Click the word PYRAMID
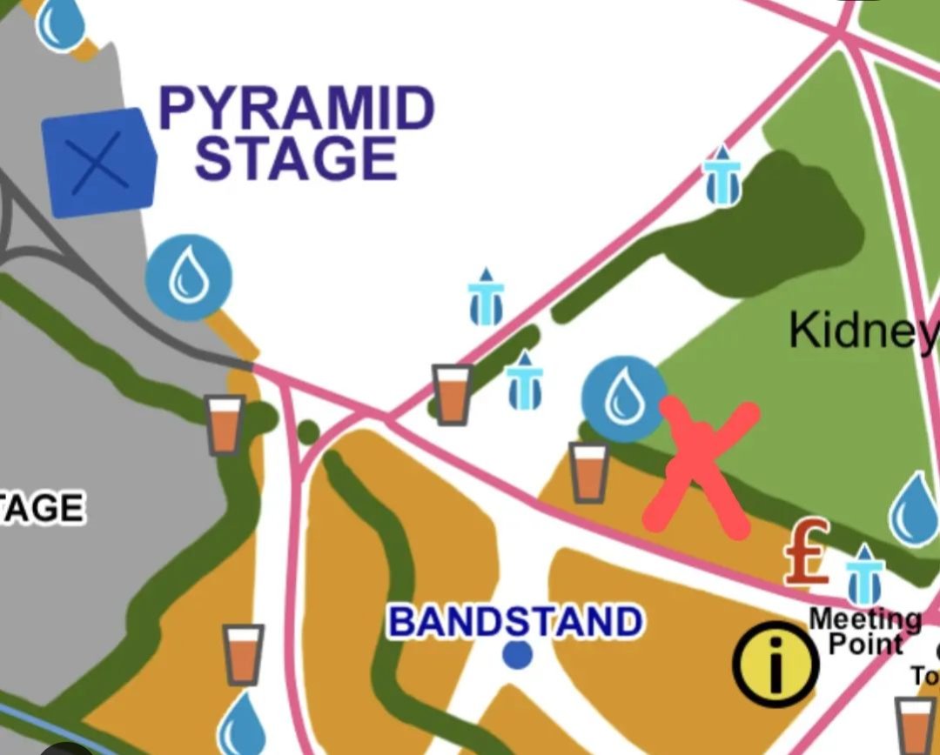coord(296,111)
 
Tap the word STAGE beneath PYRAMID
coord(296,159)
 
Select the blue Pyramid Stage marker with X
coord(98,163)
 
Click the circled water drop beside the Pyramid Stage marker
coord(189,277)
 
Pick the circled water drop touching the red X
coord(623,398)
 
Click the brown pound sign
coord(806,552)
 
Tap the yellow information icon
coord(775,664)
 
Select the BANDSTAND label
coord(515,622)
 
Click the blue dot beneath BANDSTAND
coord(518,654)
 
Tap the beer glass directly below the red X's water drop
coord(589,472)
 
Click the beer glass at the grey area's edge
coord(225,424)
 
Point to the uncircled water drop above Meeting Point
coord(915,511)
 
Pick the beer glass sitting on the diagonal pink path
coord(452,394)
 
